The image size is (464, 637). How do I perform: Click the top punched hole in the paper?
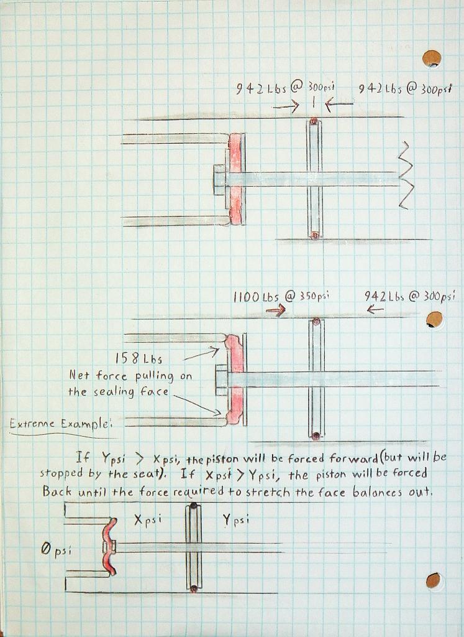click(x=432, y=58)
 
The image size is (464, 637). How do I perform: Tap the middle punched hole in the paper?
click(x=434, y=320)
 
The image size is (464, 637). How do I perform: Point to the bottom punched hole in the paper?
click(x=434, y=581)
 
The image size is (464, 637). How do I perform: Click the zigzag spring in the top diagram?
click(x=405, y=175)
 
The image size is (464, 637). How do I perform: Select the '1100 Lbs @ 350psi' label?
click(x=281, y=297)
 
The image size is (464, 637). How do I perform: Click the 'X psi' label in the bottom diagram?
click(x=148, y=521)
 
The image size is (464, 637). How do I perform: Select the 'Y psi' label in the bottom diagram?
click(x=236, y=521)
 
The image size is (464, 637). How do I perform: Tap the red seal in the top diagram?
click(x=235, y=179)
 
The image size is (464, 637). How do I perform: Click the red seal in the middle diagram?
click(x=235, y=379)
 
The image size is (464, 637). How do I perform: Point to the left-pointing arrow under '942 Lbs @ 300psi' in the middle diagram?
click(x=375, y=309)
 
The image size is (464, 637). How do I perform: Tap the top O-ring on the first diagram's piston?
click(x=314, y=121)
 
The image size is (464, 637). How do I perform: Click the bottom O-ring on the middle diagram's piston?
click(x=316, y=435)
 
